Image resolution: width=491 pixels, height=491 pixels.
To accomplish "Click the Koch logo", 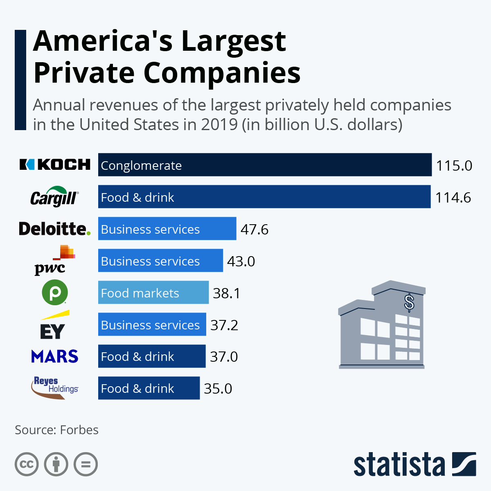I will coord(55,164).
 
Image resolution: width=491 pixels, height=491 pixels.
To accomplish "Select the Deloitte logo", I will coord(54,229).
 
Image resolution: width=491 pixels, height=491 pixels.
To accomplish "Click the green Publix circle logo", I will coord(54,293).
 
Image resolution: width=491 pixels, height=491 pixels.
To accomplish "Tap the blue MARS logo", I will coord(54,356).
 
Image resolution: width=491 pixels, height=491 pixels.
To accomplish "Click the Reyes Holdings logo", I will coord(54,388).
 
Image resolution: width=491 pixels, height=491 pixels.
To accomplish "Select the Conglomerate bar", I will coord(265,165).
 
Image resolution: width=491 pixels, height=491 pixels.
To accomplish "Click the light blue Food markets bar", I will coord(153,293).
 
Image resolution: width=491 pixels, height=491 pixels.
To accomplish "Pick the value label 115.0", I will coord(454,166).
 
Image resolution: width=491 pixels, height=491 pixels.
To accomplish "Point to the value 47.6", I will coord(254,230).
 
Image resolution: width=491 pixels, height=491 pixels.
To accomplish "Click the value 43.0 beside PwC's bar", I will coord(241,261).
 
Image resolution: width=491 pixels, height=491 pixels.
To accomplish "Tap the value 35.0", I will coord(218,389).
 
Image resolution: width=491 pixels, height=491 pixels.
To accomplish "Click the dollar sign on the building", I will coord(409,303).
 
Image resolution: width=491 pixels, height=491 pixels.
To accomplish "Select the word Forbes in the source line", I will coord(79,430).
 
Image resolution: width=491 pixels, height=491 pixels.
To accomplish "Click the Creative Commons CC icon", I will coord(27,464).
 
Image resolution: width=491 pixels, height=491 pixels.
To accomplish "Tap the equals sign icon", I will coord(86,464).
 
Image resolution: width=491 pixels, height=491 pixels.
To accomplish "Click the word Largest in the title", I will coord(233,42).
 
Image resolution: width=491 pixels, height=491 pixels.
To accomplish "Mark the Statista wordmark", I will coord(399,465).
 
